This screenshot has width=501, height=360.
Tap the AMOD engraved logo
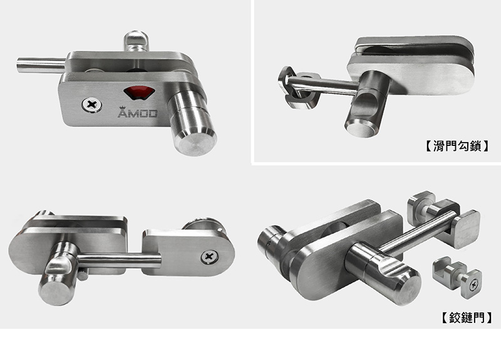(x=138, y=112)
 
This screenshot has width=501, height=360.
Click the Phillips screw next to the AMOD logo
(x=91, y=105)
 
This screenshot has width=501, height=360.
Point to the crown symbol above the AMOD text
(x=121, y=108)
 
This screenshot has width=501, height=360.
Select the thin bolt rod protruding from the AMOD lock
(x=41, y=64)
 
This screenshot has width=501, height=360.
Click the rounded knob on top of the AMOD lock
(x=136, y=41)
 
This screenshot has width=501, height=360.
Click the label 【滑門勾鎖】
(x=457, y=146)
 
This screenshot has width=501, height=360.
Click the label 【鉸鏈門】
(x=467, y=318)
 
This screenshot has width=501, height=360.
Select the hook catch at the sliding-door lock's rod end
(x=296, y=88)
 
